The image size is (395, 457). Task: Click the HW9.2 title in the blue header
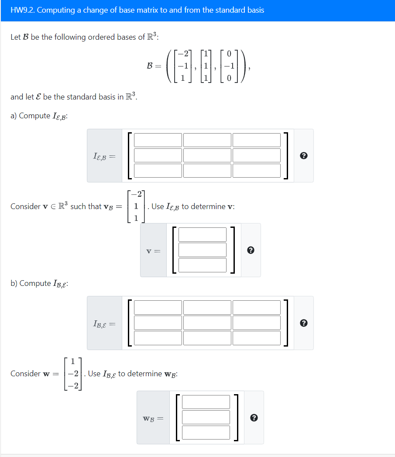point(137,10)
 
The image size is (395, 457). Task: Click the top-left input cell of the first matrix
point(158,140)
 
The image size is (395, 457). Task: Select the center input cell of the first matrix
point(207,155)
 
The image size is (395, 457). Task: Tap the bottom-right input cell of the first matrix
point(257,171)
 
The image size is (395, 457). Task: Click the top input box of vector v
point(203,235)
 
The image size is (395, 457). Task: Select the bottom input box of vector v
point(203,265)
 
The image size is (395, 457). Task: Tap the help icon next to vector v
point(251,251)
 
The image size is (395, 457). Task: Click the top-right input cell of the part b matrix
point(257,307)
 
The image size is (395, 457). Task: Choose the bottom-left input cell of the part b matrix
point(158,338)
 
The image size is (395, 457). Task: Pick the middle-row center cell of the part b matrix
point(207,323)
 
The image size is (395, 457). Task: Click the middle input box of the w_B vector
point(206,417)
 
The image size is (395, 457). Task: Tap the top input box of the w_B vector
point(206,402)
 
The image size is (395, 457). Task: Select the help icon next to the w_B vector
point(254,418)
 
